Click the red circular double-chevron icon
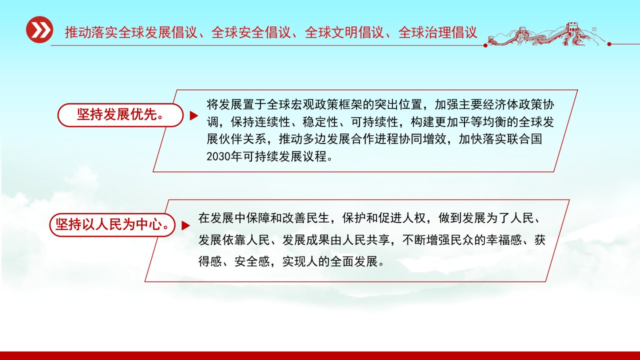(39, 29)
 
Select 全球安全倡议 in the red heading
(251, 32)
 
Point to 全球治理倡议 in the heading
(438, 32)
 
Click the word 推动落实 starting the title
(91, 32)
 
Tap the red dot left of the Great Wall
(485, 45)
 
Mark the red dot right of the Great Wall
(609, 44)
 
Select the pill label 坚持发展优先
(120, 115)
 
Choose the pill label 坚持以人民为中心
(112, 224)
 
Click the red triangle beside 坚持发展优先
(193, 115)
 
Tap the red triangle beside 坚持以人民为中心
(185, 225)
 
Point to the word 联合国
(524, 139)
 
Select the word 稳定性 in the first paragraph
(320, 122)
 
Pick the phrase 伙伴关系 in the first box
(242, 139)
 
